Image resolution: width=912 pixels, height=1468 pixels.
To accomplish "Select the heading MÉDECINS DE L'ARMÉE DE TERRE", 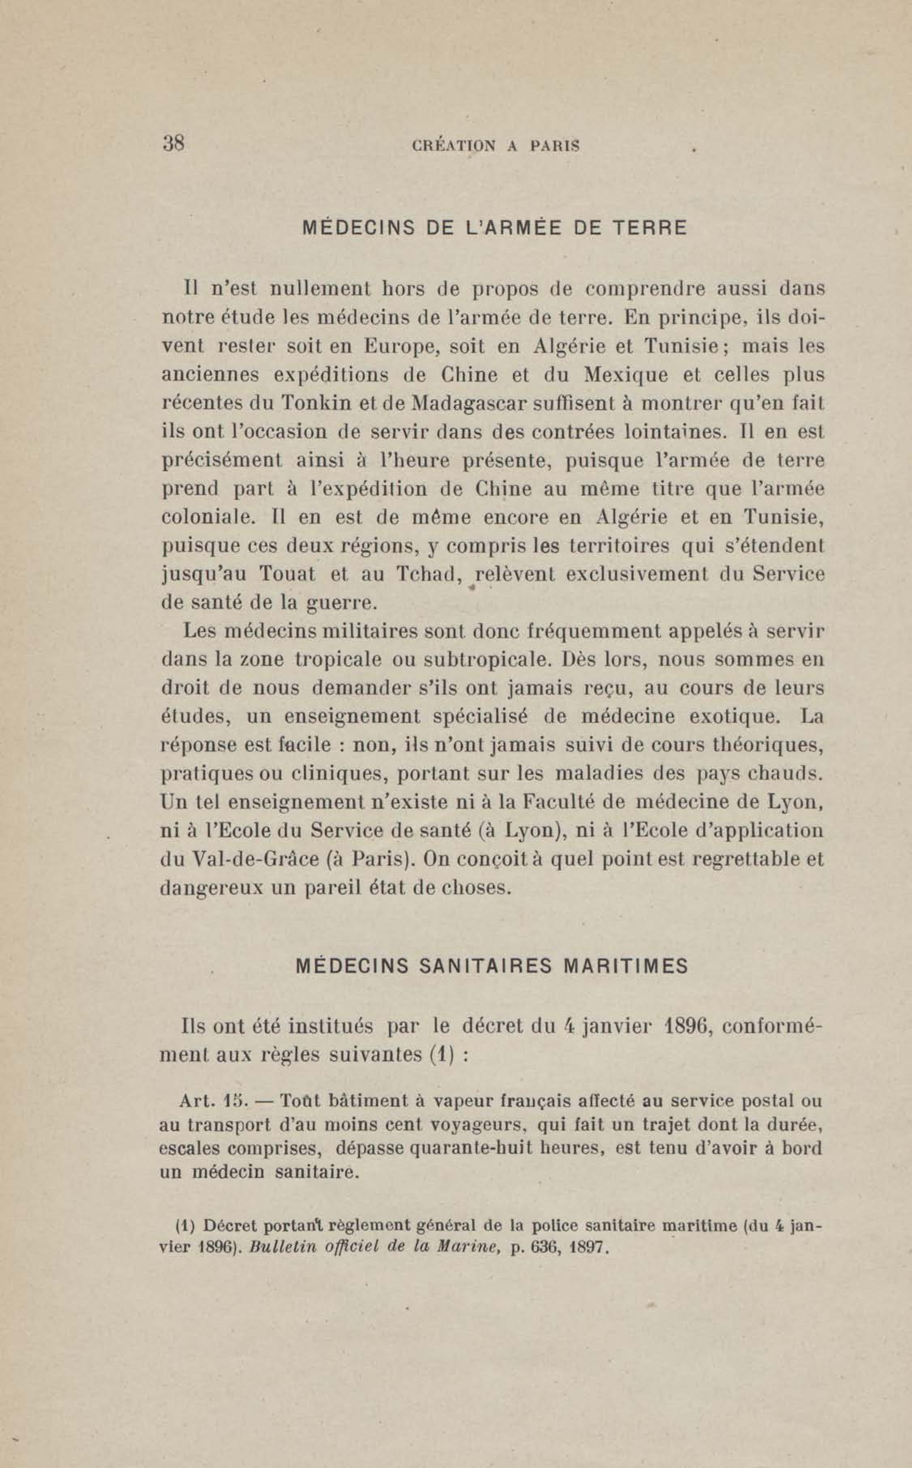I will (x=494, y=228).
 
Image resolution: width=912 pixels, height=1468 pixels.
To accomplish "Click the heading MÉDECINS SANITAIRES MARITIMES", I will (x=492, y=966).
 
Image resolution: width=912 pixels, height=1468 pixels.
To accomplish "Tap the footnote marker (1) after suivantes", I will (x=442, y=1055).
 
